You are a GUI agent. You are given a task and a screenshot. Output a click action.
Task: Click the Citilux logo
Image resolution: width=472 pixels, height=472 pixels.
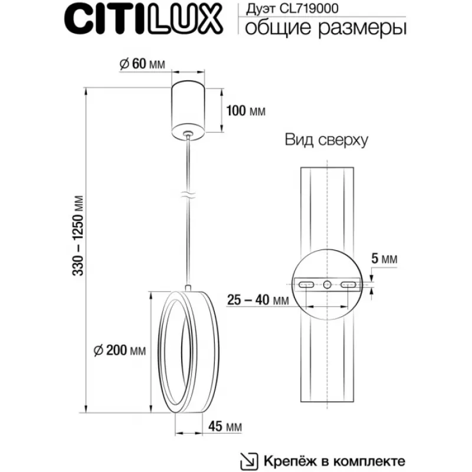[x=143, y=19]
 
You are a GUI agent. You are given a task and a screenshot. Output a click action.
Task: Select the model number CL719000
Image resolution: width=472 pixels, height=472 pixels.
[x=309, y=8]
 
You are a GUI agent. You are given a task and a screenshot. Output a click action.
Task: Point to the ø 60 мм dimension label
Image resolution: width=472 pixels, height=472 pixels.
[x=142, y=64]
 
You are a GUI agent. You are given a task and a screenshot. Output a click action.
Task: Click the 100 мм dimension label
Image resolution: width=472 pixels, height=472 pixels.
[x=246, y=111]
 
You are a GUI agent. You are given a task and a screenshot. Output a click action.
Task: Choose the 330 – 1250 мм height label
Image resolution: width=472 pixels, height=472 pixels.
[x=78, y=235]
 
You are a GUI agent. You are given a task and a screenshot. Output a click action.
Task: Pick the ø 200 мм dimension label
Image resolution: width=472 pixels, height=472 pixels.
[x=120, y=350]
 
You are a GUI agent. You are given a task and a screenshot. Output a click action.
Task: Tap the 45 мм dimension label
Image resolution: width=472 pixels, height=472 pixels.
[x=225, y=426]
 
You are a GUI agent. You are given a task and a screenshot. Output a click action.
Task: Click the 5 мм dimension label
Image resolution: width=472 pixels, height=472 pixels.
[x=384, y=258]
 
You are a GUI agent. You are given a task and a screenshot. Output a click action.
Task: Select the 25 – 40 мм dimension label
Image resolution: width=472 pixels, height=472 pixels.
[x=258, y=300]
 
